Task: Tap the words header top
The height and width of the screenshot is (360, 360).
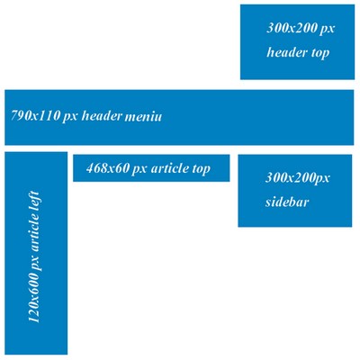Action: pyautogui.click(x=298, y=53)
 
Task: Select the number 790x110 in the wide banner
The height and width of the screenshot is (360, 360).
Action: pyautogui.click(x=35, y=115)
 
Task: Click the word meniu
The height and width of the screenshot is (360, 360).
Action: pyautogui.click(x=143, y=116)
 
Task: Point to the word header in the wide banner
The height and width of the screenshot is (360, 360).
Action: pyautogui.click(x=102, y=115)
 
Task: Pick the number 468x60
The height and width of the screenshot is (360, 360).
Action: pyautogui.click(x=107, y=168)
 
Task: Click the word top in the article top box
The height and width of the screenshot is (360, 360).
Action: pyautogui.click(x=202, y=169)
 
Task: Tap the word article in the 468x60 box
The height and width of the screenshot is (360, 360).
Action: pyautogui.click(x=170, y=168)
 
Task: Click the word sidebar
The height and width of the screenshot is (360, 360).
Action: pyautogui.click(x=287, y=202)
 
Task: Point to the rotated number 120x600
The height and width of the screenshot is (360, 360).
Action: pyautogui.click(x=33, y=298)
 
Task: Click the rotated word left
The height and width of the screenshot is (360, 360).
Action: pyautogui.click(x=33, y=201)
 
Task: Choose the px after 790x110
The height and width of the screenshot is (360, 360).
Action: pyautogui.click(x=70, y=117)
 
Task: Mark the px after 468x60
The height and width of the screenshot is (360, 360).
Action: pyautogui.click(x=139, y=170)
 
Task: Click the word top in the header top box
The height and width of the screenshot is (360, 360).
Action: pyautogui.click(x=320, y=54)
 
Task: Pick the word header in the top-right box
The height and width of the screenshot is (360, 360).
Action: pyautogui.click(x=287, y=52)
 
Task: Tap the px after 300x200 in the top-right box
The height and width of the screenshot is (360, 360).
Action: pyautogui.click(x=327, y=30)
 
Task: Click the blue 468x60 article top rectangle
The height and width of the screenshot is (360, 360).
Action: pyautogui.click(x=151, y=168)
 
